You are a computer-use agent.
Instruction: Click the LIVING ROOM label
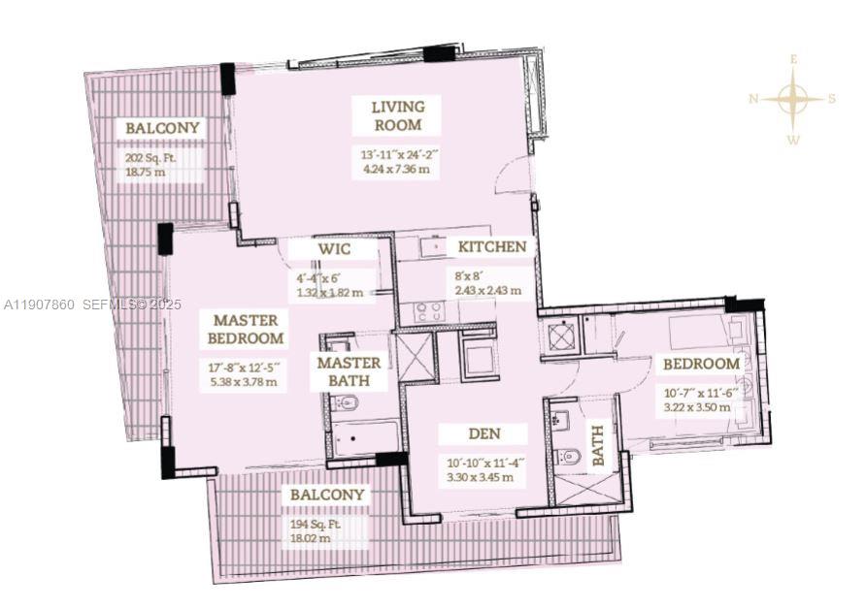tap(397, 115)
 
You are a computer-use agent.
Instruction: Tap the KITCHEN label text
tap(492, 247)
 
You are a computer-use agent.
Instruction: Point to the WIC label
tap(334, 250)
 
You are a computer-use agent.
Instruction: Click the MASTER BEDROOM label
tap(246, 330)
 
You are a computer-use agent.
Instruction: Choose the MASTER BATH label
tap(348, 371)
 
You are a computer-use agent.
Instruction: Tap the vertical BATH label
tap(598, 445)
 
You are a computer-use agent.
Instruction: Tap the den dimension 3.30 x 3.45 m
tap(482, 477)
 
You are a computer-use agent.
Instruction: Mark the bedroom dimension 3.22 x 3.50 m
tap(700, 407)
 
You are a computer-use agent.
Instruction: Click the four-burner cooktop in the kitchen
tap(429, 312)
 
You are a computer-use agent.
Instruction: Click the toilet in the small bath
tap(570, 456)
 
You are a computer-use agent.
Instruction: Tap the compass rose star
tap(793, 98)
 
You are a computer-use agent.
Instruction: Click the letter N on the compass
tap(753, 98)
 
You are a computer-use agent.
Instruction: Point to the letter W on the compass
tap(793, 140)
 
